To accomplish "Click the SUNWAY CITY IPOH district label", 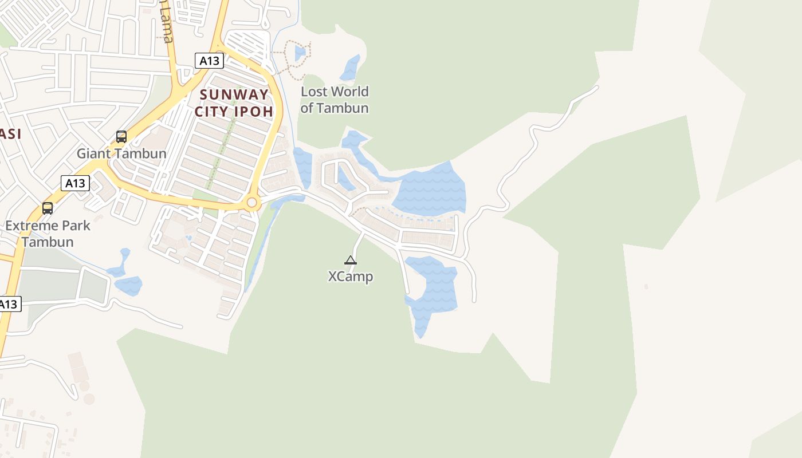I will coord(234,102).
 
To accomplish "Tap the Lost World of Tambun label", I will coord(335,100).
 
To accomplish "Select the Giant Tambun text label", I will coord(121,153).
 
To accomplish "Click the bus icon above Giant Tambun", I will coord(121,137).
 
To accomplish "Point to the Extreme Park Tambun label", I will coord(48,234).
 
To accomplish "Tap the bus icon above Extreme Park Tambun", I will coord(48,208).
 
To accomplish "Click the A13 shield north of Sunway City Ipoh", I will coord(209,61).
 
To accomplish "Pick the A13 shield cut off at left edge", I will coord(9,304).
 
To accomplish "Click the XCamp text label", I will coord(350,277).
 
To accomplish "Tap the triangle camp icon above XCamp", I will coord(351,260).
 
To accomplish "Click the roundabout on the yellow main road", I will coord(251,203).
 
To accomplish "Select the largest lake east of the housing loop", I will coord(430,189).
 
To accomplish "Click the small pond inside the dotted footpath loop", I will coord(300,53).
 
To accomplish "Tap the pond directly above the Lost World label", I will coord(350,69).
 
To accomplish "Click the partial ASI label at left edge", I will coord(10,134).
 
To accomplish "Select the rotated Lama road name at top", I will coord(167,23).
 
